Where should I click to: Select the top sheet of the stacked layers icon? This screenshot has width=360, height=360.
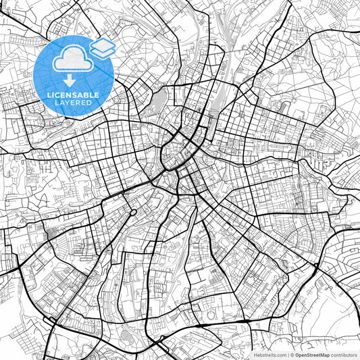(x=103, y=44)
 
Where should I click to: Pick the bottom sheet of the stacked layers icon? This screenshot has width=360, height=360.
(x=103, y=52)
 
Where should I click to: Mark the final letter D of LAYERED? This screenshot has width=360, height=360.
(x=93, y=105)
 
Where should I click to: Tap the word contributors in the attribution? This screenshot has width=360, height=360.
(x=343, y=354)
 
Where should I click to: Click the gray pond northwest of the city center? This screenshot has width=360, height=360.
(x=160, y=102)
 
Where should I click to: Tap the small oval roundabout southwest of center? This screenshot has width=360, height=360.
(x=133, y=213)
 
